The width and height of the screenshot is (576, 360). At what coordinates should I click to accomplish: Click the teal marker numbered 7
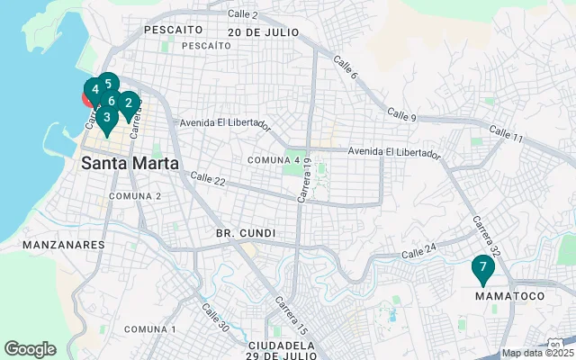click(483, 267)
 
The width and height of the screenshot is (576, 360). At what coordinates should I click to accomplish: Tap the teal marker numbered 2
click(129, 103)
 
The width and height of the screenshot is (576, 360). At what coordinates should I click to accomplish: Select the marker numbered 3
click(106, 117)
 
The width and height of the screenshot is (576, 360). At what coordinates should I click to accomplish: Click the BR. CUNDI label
click(245, 233)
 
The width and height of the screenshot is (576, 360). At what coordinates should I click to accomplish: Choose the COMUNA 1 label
click(150, 329)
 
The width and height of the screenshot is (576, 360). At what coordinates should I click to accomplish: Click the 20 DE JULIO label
click(263, 31)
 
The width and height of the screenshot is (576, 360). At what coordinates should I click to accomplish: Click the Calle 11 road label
click(506, 134)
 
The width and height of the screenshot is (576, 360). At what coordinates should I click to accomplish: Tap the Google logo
click(30, 348)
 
